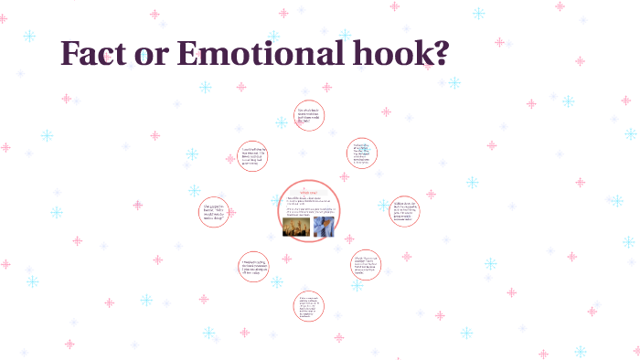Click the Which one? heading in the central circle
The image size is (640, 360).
click(309, 192)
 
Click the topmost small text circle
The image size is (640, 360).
click(309, 116)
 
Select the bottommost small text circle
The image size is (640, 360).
click(309, 306)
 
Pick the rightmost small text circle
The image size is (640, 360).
click(403, 210)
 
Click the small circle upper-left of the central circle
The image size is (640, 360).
click(253, 154)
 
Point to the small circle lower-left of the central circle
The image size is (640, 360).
click(253, 266)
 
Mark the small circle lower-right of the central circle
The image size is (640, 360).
click(366, 265)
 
